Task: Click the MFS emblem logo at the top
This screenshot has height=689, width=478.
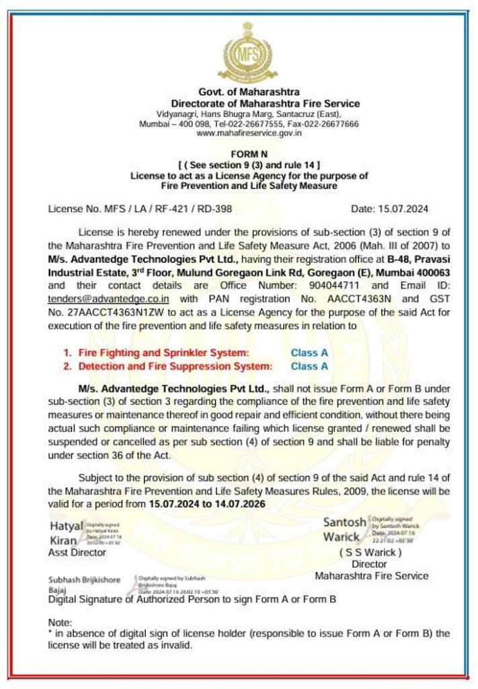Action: pyautogui.click(x=248, y=51)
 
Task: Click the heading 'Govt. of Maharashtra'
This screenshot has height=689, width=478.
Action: pyautogui.click(x=249, y=92)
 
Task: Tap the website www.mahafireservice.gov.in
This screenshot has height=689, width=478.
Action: pyautogui.click(x=249, y=133)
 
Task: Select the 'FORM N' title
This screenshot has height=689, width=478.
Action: pyautogui.click(x=249, y=154)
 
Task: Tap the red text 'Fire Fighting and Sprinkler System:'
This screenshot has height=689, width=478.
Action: pyautogui.click(x=163, y=353)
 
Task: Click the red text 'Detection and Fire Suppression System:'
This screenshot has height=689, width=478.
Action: pyautogui.click(x=175, y=366)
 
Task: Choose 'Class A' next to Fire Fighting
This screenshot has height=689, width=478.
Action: pyautogui.click(x=309, y=353)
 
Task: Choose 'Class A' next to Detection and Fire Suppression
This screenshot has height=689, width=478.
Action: pyautogui.click(x=309, y=366)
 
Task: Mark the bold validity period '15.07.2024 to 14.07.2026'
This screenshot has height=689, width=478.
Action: pyautogui.click(x=207, y=503)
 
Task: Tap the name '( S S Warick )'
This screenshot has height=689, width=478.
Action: pyautogui.click(x=370, y=552)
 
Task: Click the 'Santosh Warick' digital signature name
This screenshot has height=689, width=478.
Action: pyautogui.click(x=345, y=530)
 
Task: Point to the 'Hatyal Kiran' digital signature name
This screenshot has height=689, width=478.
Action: pyautogui.click(x=65, y=532)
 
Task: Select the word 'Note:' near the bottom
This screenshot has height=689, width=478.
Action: pyautogui.click(x=60, y=623)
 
